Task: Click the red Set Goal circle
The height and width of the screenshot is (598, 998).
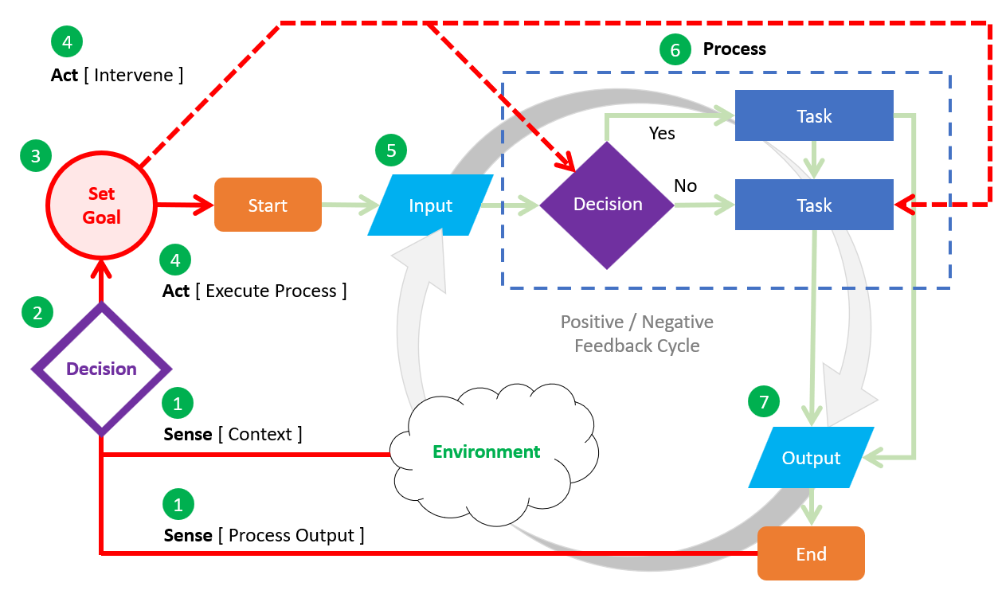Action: [101, 205]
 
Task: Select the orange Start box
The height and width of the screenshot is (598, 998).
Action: [268, 205]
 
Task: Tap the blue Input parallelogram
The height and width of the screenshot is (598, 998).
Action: [430, 205]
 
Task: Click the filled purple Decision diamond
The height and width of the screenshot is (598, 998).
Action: [608, 205]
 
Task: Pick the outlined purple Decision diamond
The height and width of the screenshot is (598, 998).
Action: [101, 369]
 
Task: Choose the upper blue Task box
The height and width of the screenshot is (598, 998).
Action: [813, 116]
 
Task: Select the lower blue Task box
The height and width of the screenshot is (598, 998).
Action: [813, 205]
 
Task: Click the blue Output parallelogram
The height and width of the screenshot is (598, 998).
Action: [811, 458]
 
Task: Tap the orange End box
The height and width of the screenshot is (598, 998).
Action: [811, 553]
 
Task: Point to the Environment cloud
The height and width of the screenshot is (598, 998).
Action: [486, 452]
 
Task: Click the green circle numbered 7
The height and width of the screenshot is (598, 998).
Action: [764, 403]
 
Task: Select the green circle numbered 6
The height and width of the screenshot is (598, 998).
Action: [675, 50]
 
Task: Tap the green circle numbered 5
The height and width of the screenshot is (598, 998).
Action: [391, 151]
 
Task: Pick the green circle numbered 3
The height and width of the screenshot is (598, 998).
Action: [36, 157]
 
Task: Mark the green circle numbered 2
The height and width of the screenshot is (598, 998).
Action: [37, 313]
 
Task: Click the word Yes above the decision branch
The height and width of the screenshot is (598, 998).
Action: [662, 133]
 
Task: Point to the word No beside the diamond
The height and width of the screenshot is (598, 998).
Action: [685, 186]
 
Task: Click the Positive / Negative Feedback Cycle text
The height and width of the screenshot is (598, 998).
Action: [636, 334]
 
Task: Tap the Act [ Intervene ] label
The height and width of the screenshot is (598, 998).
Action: [117, 75]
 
